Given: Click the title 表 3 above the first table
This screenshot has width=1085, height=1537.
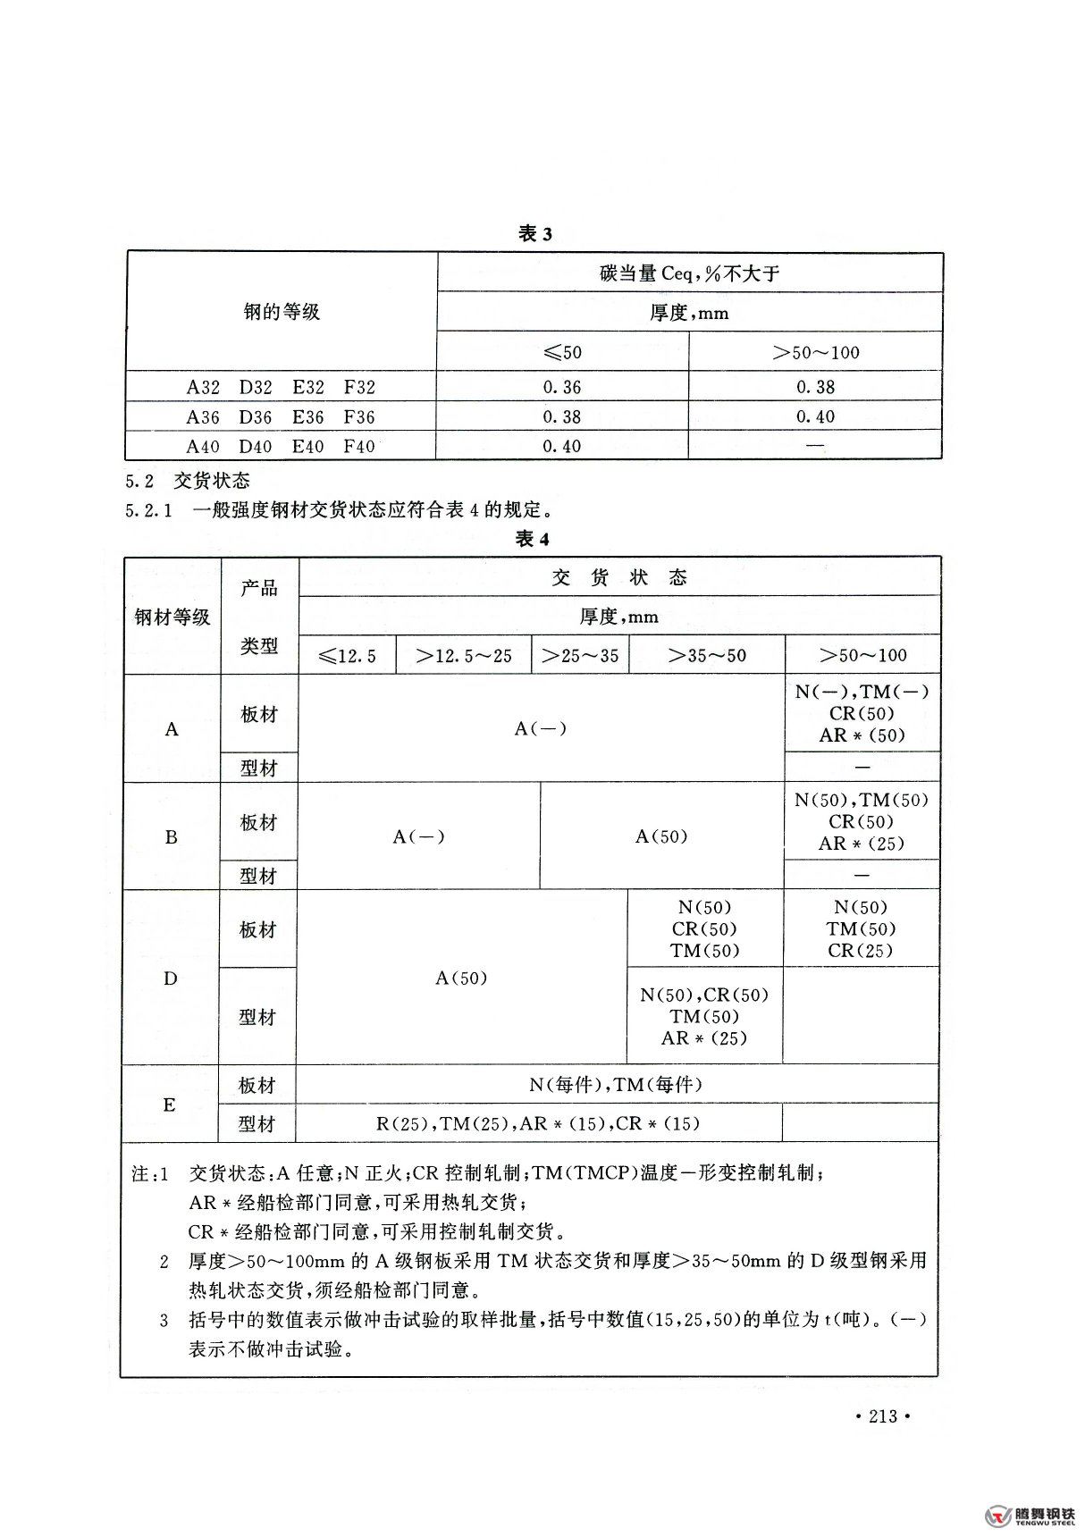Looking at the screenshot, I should click(x=535, y=234).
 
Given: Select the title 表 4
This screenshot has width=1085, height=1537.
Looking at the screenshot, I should click(x=533, y=539).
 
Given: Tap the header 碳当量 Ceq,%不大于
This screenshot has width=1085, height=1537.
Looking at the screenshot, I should click(x=689, y=273).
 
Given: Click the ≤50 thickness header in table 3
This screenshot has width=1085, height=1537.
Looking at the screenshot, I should click(x=562, y=352).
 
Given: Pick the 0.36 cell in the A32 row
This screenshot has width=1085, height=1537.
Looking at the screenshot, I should click(x=561, y=387).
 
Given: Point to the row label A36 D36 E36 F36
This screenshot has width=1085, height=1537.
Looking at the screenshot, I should click(x=281, y=416).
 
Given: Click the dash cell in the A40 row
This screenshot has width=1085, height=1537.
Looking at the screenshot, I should click(x=814, y=445).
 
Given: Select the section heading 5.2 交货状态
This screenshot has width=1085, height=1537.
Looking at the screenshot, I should click(x=188, y=481).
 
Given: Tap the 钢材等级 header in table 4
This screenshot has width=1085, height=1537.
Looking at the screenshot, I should click(x=172, y=617).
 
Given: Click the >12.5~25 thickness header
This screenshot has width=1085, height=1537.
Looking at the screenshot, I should click(x=464, y=656).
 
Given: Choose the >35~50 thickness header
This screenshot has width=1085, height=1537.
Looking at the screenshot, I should click(x=706, y=656).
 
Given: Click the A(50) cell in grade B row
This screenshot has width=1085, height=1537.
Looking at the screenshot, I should click(x=661, y=836).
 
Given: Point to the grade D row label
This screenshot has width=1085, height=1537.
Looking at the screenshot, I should click(x=171, y=978).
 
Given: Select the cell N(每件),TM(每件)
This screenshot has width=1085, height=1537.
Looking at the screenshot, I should click(x=615, y=1085).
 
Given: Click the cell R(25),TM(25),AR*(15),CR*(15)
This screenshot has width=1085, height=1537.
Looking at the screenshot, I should click(x=538, y=1123).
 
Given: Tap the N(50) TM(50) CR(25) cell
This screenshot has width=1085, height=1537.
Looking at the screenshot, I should click(x=861, y=928).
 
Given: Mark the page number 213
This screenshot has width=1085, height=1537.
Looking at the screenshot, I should click(x=882, y=1416).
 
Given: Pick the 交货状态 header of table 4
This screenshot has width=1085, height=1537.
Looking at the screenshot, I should click(x=619, y=577).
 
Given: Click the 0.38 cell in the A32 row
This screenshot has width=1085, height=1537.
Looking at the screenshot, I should click(x=815, y=387).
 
